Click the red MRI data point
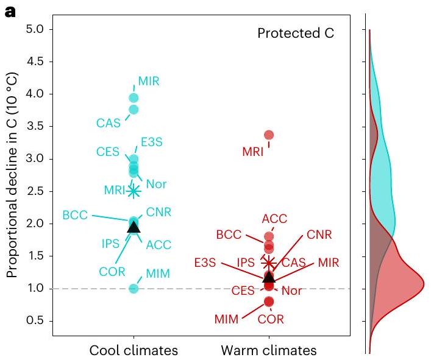269,135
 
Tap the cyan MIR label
149,81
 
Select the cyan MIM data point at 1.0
134,288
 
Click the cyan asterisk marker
134,191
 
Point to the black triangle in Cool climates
134,227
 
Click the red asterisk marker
269,263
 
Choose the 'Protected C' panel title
296,33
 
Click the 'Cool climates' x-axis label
134,350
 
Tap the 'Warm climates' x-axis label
269,350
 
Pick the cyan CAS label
109,124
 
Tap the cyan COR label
113,270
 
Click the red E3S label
205,263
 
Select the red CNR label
319,235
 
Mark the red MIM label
227,319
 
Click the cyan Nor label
157,184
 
